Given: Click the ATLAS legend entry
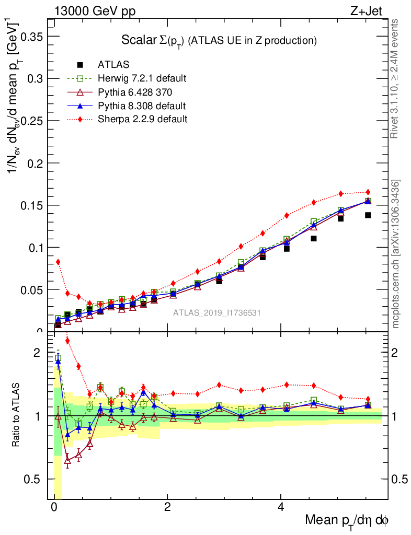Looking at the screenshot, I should pos(114,65).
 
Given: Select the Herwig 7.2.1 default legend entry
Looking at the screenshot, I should pos(142,78).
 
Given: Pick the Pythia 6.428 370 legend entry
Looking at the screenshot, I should pos(135,92).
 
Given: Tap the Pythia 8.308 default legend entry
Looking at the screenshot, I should pos(141,106).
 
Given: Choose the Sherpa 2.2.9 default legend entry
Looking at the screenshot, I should pos(142,119).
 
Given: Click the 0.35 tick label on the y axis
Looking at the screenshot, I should pos(31,36).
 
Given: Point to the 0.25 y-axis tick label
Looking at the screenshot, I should pos(31,121).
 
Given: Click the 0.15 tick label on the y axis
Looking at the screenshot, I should pos(31,205).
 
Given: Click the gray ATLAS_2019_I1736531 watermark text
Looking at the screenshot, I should pos(218,313).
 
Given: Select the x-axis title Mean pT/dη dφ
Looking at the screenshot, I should pos(347,520).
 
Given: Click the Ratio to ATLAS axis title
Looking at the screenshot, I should pos(16,416).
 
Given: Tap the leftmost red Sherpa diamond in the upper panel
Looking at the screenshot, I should pos(58,262).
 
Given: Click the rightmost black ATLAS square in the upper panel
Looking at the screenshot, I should pos(368,215).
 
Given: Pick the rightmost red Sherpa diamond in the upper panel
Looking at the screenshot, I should pos(368,192).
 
